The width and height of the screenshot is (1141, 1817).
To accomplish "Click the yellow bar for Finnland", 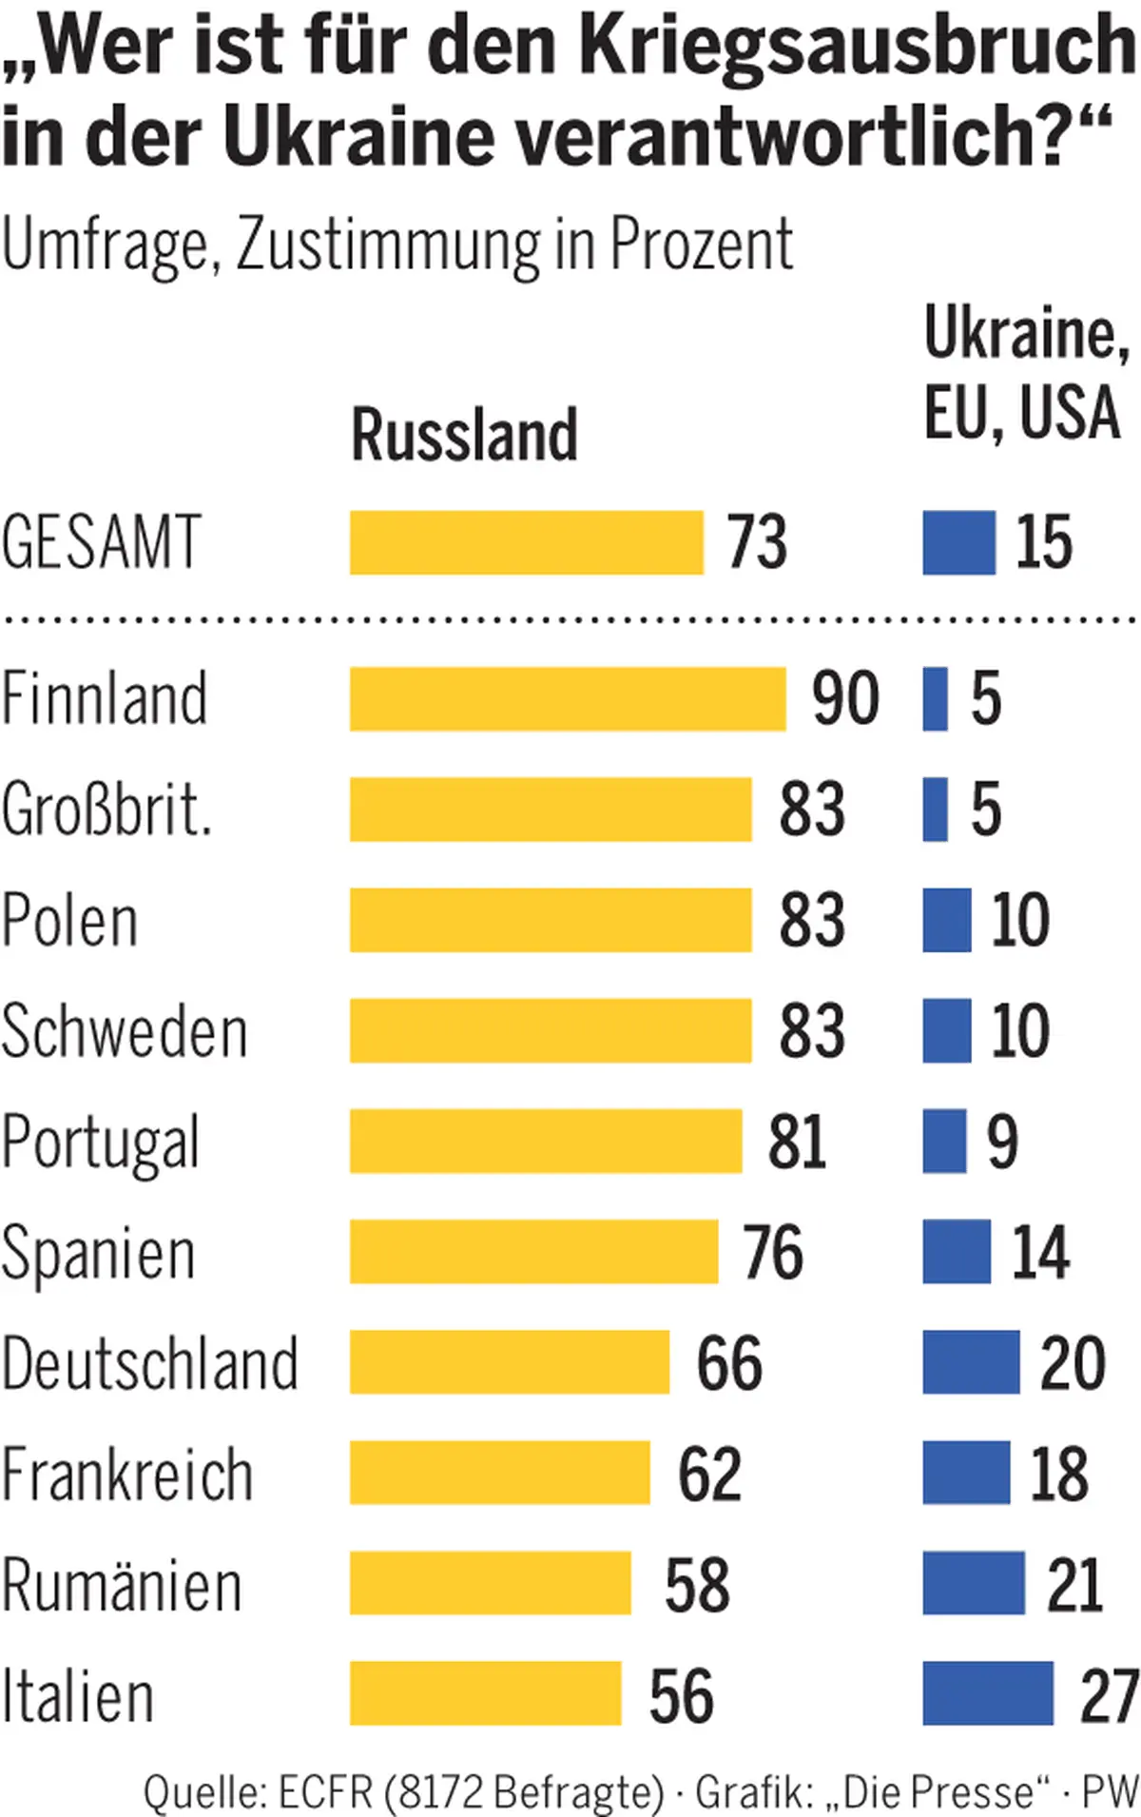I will [568, 699].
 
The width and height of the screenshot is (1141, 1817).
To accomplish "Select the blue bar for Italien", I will [988, 1693].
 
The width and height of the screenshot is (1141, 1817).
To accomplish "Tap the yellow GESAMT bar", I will [527, 542].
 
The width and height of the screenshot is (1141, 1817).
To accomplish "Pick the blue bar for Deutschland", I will [971, 1362].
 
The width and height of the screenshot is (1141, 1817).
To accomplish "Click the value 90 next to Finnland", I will [845, 699].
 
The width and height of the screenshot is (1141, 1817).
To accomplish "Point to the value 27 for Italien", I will [1109, 1695].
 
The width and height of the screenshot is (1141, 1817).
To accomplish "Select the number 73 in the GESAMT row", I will [758, 542].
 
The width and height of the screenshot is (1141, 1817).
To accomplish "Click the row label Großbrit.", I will [106, 811].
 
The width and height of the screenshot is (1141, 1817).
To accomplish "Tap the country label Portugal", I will [101, 1142].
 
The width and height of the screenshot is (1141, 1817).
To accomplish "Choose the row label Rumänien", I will [122, 1585].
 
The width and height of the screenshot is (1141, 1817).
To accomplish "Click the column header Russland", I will [465, 435].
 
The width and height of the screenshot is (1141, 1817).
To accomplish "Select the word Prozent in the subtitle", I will [701, 244].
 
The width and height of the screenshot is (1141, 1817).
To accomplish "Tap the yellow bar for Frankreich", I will [500, 1473].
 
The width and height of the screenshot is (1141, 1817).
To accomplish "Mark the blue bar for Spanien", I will [957, 1252].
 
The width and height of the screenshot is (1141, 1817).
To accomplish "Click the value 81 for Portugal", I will [797, 1142].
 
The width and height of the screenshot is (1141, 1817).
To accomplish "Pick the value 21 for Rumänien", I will [1074, 1585].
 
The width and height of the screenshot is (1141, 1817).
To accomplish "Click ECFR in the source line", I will [325, 1792].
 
